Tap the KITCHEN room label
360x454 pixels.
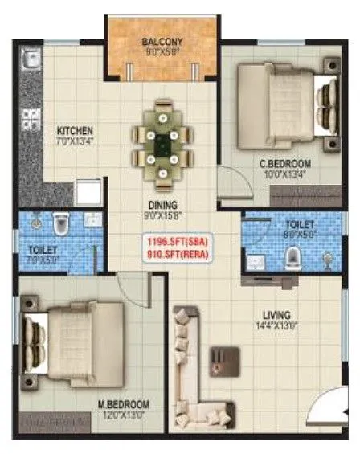pyautogui.click(x=75, y=129)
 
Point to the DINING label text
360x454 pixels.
pyautogui.click(x=162, y=205)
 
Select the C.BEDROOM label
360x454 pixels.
pyautogui.click(x=284, y=163)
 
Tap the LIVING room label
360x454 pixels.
pyautogui.click(x=280, y=314)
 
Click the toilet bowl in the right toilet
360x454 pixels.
pyautogui.click(x=293, y=256)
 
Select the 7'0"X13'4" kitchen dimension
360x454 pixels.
pyautogui.click(x=75, y=142)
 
